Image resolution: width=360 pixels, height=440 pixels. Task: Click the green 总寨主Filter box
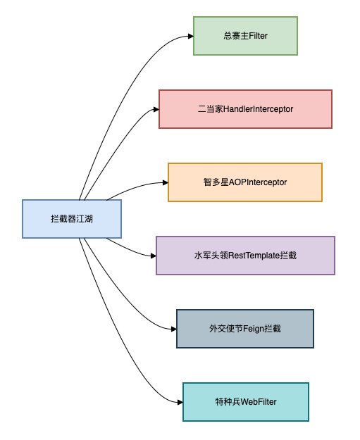pos(245,35)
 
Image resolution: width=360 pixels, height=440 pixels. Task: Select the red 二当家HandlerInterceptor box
pos(245,109)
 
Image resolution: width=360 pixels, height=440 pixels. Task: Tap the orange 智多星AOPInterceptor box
pos(244,182)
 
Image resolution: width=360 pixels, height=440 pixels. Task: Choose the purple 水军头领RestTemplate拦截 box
pos(244,255)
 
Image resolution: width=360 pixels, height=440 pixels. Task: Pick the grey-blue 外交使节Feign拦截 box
pos(244,328)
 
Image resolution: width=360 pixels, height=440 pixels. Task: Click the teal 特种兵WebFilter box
pos(245,401)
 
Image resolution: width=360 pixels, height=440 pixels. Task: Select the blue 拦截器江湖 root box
pos(72,219)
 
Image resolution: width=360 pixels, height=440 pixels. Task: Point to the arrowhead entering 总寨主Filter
pos(190,36)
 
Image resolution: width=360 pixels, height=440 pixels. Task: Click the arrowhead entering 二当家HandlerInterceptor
pos(155,109)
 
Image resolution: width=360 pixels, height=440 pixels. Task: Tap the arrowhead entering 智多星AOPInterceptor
pos(164,182)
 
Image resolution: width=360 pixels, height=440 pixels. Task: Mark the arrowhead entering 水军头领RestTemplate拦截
pos(152,256)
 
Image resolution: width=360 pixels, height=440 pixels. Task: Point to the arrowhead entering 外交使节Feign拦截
pos(173,329)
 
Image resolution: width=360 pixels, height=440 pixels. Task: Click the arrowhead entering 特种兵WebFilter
pos(179,402)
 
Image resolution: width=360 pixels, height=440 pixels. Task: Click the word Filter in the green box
pos(258,36)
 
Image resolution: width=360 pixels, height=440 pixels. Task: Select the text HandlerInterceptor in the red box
pos(258,109)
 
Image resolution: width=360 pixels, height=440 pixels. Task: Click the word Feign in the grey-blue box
pos(253,329)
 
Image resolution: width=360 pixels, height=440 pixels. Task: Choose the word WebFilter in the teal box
pos(258,402)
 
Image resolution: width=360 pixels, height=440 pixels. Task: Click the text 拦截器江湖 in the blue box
pos(72,219)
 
